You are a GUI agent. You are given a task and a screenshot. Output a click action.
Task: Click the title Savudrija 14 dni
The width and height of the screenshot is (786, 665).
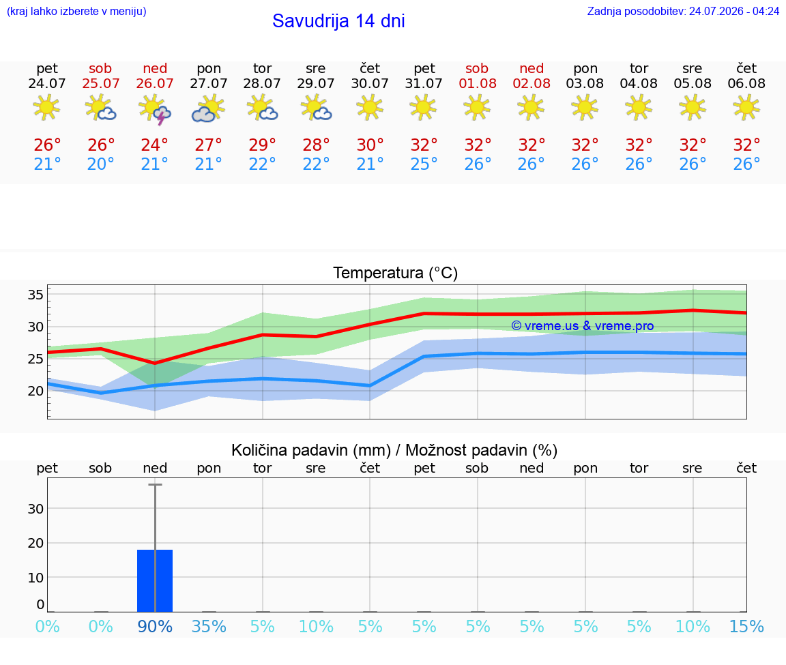click(338, 21)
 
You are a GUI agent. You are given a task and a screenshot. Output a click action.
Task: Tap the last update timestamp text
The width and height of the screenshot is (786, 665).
click(683, 11)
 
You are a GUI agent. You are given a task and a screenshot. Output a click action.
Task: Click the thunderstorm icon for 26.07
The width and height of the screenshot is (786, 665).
click(155, 109)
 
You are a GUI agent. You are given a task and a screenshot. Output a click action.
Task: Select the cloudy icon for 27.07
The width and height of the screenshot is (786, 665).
click(209, 109)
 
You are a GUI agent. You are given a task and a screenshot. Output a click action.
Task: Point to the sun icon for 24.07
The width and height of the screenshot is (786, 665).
click(46, 107)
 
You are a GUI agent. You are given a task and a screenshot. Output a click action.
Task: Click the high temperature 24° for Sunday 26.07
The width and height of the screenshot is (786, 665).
click(154, 145)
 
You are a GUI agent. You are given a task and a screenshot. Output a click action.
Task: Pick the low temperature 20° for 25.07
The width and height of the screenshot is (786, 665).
click(101, 164)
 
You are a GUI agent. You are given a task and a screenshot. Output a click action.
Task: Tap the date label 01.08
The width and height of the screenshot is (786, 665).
click(478, 83)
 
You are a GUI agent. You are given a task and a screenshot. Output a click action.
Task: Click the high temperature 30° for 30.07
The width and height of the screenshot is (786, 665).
click(370, 145)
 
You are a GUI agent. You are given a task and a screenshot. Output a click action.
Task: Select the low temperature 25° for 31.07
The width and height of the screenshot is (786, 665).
click(424, 164)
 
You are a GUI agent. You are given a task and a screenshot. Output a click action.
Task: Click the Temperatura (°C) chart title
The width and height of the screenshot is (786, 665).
click(396, 273)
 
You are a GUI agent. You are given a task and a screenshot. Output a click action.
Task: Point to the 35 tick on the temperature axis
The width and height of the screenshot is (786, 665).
click(35, 295)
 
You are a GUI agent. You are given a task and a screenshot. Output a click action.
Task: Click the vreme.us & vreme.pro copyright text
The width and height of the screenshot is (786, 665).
click(583, 326)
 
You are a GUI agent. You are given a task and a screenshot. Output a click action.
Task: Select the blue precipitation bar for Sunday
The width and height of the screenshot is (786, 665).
click(155, 581)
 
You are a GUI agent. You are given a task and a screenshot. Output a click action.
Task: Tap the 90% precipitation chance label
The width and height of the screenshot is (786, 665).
click(155, 626)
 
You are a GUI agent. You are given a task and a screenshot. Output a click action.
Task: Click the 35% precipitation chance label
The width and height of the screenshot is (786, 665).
click(209, 626)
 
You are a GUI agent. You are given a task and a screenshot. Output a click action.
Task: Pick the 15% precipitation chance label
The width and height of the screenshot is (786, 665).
click(746, 626)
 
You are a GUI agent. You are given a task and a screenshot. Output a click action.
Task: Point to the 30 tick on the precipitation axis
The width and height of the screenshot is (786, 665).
click(35, 509)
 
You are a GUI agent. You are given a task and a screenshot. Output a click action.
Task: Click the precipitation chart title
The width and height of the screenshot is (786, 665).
click(394, 450)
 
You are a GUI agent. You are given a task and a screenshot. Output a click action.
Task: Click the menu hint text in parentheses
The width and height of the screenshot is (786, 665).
click(76, 11)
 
